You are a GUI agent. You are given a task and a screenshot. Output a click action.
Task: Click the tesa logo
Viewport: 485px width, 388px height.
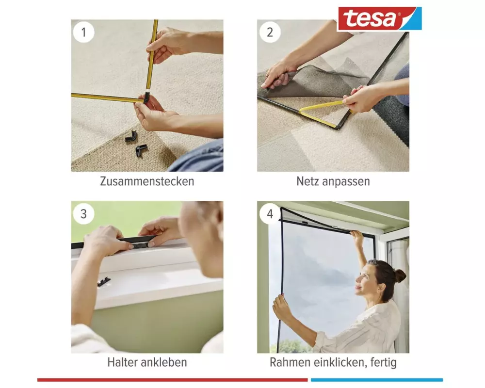tap(380, 19)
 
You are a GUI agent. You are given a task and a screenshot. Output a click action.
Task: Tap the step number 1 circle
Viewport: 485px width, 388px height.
tap(83, 32)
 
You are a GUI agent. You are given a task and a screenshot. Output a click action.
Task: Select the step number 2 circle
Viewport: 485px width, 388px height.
tap(270, 32)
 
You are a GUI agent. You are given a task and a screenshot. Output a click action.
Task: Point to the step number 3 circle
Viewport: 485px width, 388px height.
tap(83, 214)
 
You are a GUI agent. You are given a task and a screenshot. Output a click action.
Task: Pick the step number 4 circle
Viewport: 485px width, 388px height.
tap(270, 214)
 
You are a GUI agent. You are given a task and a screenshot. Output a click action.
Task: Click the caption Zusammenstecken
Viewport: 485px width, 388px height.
tap(147, 181)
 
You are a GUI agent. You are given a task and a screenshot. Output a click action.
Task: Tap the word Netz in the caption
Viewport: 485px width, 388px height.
tap(308, 181)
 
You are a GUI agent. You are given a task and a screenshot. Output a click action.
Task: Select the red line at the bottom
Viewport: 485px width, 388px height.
tap(172, 380)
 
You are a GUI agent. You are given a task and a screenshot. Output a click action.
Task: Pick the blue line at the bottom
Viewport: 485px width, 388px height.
tap(377, 380)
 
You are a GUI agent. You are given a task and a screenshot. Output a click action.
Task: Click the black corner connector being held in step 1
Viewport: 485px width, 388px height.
tap(146, 97)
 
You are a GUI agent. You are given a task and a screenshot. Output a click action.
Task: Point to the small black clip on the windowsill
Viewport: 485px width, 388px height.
tap(104, 282)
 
